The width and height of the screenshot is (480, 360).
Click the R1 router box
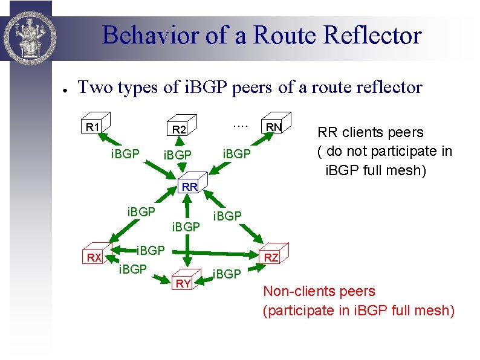(93, 127)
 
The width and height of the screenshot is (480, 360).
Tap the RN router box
(275, 126)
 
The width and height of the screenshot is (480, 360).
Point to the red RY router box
(184, 282)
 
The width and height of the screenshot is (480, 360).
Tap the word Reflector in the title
(372, 35)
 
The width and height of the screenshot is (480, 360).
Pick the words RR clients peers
(371, 132)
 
